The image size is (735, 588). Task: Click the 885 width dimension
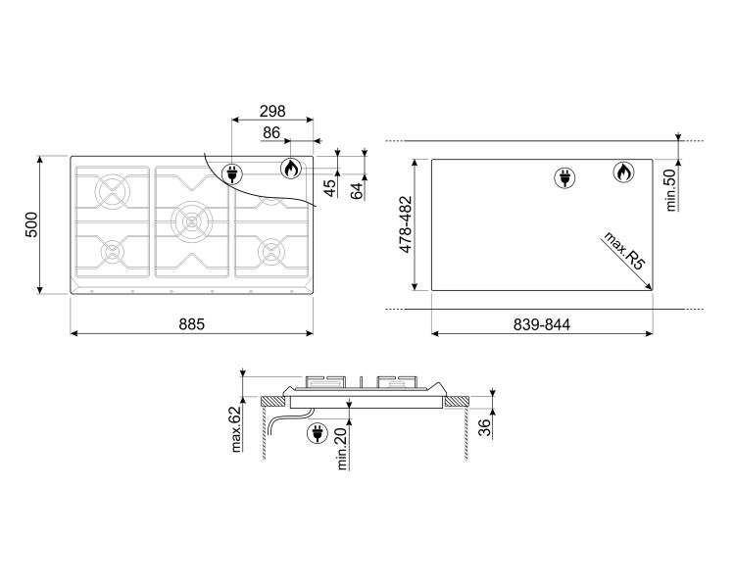click(192, 324)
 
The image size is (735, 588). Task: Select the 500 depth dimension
click(31, 223)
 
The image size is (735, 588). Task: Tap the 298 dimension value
click(272, 110)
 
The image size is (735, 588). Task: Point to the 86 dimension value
click(271, 132)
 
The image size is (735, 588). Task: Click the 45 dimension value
click(330, 184)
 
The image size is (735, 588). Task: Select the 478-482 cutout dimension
click(406, 224)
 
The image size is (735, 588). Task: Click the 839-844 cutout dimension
click(543, 324)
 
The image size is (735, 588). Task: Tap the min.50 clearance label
click(672, 190)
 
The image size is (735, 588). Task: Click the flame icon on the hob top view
click(290, 169)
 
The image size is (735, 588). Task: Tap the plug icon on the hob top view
click(233, 174)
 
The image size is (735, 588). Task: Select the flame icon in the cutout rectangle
click(621, 173)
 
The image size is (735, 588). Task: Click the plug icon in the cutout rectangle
click(563, 177)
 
